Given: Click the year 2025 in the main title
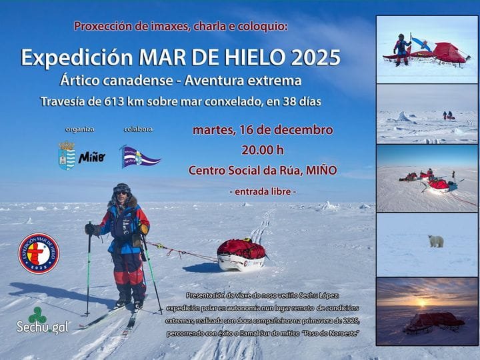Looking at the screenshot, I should click(315, 57).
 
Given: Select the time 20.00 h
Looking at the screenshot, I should click(263, 149).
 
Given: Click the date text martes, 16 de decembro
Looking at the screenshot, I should click(263, 129).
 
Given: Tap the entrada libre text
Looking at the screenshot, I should click(263, 191).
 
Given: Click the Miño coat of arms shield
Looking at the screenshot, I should click(67, 155).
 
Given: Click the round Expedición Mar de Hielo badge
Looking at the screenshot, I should click(39, 253).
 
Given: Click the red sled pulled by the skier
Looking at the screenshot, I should click(241, 254).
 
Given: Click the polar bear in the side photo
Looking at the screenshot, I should click(436, 241).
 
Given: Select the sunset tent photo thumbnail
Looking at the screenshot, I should click(427, 311).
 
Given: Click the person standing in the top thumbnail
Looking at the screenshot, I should click(401, 49).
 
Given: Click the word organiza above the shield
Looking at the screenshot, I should click(80, 129).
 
